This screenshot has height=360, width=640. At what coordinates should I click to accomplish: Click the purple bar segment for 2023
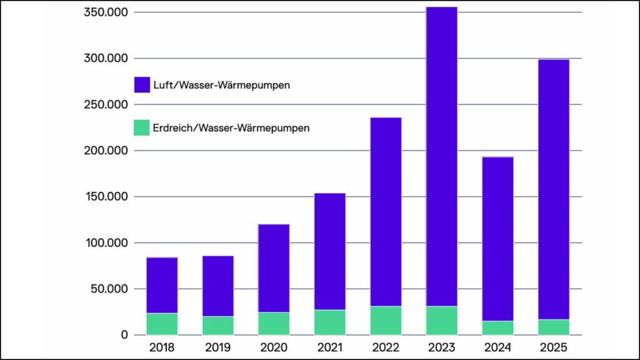(441, 156)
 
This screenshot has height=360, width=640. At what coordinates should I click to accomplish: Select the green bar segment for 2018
(162, 324)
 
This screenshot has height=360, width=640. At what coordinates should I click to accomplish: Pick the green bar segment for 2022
(386, 321)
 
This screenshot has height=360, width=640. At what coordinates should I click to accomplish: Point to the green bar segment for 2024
(497, 328)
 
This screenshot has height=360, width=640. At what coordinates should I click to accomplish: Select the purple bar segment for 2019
(217, 286)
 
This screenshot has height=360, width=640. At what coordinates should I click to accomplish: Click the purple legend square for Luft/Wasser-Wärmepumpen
(142, 85)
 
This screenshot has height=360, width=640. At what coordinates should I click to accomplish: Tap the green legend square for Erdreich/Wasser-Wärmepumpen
(142, 127)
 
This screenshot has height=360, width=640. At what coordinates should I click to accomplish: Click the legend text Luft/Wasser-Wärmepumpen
(222, 85)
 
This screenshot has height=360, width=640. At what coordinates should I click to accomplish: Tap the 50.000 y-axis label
(109, 289)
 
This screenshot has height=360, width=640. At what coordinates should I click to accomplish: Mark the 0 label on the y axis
(124, 335)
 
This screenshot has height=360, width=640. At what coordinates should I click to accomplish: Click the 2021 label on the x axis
(329, 347)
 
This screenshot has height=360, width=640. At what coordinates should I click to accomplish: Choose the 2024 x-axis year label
(497, 347)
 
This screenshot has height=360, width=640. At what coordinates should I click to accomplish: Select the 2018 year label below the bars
(162, 347)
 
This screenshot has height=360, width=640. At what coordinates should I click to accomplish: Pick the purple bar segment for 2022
(386, 212)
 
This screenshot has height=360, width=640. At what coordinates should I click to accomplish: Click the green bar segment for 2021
(329, 322)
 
